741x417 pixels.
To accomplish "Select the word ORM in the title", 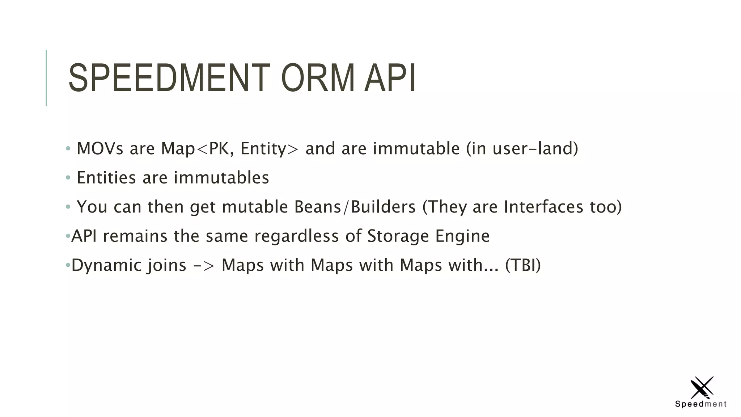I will pyautogui.click(x=318, y=78).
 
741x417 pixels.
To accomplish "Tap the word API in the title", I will pyautogui.click(x=390, y=78).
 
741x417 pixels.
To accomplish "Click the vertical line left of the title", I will pyautogui.click(x=46, y=78).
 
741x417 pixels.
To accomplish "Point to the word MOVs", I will pyautogui.click(x=100, y=148).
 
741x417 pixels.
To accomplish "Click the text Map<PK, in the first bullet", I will pyautogui.click(x=197, y=148).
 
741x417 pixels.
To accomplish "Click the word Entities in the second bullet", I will pyautogui.click(x=106, y=178).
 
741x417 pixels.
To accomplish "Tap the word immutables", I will pyautogui.click(x=221, y=178).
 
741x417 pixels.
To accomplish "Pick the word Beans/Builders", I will pyautogui.click(x=355, y=207).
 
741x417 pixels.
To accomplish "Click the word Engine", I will pyautogui.click(x=462, y=236).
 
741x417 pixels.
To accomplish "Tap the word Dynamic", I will pyautogui.click(x=106, y=265).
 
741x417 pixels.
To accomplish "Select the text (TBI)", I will pyautogui.click(x=523, y=265).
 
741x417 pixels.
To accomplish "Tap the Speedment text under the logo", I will pyautogui.click(x=701, y=404).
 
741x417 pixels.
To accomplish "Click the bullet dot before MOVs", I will pyautogui.click(x=68, y=148).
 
